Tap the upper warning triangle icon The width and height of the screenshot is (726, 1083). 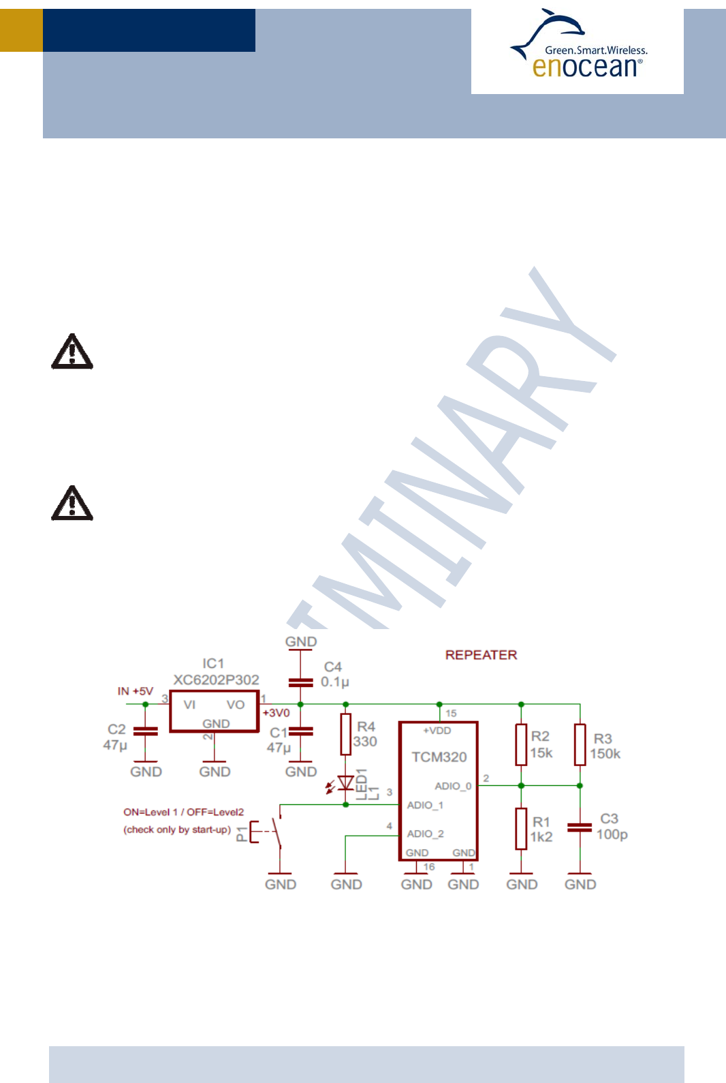tap(72, 352)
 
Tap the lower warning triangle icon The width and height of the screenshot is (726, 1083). tap(72, 504)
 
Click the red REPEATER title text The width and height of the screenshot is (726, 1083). tap(481, 655)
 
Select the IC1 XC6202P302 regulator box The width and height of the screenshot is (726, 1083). tap(214, 712)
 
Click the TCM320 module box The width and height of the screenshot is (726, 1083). tap(438, 791)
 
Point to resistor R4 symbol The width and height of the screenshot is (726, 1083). tap(346, 734)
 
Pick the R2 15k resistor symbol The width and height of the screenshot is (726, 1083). tap(521, 745)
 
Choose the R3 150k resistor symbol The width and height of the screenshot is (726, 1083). tap(580, 745)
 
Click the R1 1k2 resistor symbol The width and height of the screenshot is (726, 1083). tap(521, 829)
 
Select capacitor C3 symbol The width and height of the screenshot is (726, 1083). tap(580, 827)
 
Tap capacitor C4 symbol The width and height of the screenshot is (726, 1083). tap(300, 682)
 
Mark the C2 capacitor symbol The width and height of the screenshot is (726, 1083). tap(145, 731)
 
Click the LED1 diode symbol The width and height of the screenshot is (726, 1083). tap(346, 783)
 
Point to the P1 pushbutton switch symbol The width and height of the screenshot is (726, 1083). tap(268, 832)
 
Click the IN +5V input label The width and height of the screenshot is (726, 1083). tap(136, 691)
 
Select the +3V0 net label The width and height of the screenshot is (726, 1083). tap(277, 713)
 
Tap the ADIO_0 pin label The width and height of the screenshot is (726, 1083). tap(453, 786)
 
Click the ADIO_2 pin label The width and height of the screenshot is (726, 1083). tap(425, 834)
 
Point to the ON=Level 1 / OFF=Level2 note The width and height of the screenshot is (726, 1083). tap(183, 812)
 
